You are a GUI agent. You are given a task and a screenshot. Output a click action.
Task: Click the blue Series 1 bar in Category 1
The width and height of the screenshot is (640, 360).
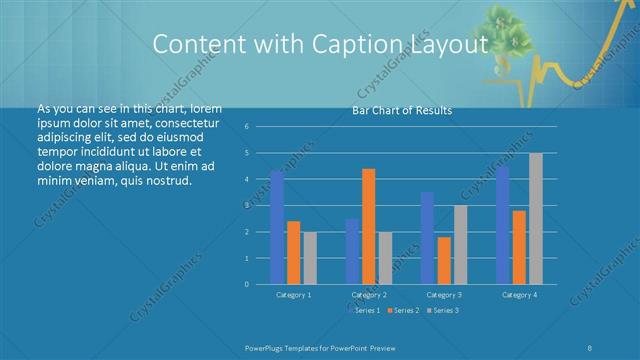coord(277,228)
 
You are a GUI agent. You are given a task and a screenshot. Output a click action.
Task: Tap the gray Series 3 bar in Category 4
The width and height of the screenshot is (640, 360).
coord(535,219)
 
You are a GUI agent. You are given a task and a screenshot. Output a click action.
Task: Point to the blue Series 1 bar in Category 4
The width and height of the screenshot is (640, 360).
coord(502,225)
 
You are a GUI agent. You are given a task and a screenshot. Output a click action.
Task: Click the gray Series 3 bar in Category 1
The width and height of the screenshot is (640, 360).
coord(310,258)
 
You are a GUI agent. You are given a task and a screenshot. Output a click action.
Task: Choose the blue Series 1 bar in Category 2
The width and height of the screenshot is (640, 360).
coord(352,251)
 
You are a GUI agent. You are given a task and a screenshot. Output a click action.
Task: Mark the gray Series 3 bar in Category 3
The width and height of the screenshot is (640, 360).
coord(460,245)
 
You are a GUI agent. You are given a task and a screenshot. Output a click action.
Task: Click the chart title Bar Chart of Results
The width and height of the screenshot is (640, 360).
coord(402,110)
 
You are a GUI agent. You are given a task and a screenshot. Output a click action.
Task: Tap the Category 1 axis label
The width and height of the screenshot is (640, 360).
coord(293,295)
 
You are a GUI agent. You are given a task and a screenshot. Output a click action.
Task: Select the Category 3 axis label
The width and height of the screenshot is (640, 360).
coord(444,295)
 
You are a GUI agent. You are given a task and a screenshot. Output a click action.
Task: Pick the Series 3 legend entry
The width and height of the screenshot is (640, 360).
coord(442,311)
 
